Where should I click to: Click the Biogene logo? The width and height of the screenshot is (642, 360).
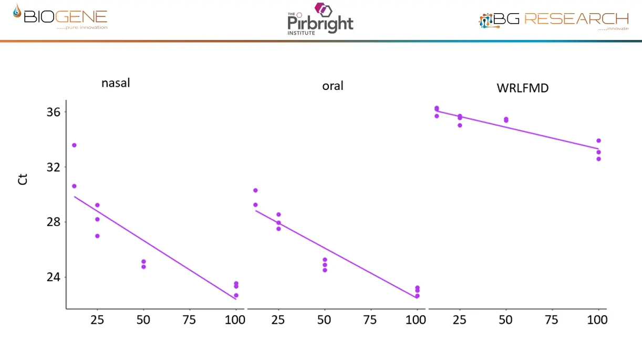coord(60,18)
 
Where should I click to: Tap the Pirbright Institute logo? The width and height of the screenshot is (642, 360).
coord(320,19)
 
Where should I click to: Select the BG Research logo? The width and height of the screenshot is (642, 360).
coord(554,20)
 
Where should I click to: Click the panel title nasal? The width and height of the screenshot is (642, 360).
coord(116,83)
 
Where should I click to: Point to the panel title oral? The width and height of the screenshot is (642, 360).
coord(333,86)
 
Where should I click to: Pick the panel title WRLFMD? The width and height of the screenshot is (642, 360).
coord(522,88)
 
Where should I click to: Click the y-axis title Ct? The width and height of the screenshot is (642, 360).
coord(22,179)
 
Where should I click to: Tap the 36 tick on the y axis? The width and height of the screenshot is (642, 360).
coord(54,112)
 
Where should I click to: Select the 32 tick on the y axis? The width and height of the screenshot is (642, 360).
coord(54,167)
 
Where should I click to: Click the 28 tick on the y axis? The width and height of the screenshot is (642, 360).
coord(54,222)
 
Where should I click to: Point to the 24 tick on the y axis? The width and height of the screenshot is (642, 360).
coord(54,277)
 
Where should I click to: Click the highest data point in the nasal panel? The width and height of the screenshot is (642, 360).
coord(74,145)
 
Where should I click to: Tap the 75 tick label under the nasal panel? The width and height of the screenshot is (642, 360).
coord(189,320)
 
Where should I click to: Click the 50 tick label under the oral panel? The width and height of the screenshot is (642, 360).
coord(325,320)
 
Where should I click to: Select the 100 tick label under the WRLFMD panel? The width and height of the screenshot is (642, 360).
coord(598,320)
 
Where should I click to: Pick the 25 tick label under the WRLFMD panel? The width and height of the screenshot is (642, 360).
coord(460,320)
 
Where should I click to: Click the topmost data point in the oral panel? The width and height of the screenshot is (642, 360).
coord(255,190)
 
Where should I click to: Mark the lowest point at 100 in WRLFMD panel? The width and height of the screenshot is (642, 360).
coord(598,159)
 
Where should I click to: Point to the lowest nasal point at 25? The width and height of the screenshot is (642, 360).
coord(97,236)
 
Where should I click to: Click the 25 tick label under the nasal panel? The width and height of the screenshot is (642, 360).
coord(97,320)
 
